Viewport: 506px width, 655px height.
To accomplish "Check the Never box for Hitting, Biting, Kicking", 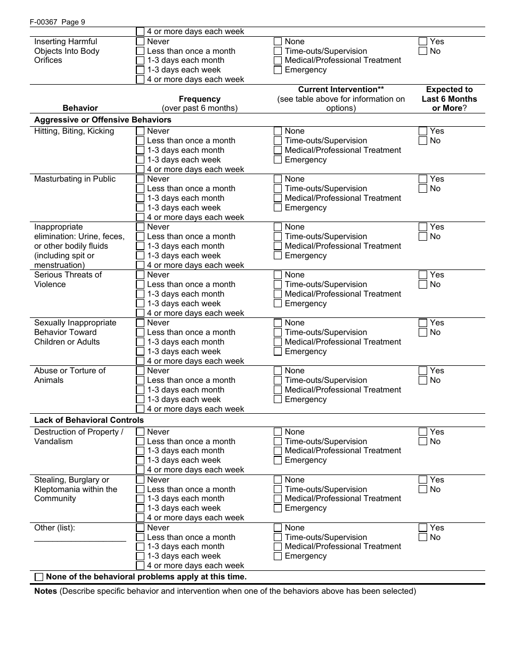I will coord(140,131).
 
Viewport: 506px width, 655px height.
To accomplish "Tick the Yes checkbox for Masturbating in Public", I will coord(423,179).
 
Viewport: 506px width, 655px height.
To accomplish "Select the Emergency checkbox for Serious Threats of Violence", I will coord(278,304).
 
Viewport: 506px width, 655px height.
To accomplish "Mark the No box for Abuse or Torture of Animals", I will coord(423,380).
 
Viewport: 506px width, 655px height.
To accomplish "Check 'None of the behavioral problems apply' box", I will coord(39,577).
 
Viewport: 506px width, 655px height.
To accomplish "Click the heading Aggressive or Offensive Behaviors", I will coord(103,120).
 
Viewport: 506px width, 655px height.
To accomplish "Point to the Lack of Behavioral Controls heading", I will coord(89,420).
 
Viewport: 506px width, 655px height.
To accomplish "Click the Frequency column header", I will coord(200,99).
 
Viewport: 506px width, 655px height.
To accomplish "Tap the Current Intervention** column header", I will coord(341,89).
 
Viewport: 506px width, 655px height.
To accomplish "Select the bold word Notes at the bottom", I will coord(45,591).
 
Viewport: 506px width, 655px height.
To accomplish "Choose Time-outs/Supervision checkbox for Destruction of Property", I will coord(278,441).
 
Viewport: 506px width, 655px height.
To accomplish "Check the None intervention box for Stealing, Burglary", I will coord(278,480).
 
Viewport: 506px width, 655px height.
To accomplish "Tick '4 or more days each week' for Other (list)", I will coord(140,566).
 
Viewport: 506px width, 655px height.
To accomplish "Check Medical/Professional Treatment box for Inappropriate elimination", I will coord(278,246).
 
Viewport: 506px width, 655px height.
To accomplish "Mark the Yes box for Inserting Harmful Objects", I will coord(423,42).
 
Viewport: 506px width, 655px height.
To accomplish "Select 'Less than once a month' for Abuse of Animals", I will coord(140,380).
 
